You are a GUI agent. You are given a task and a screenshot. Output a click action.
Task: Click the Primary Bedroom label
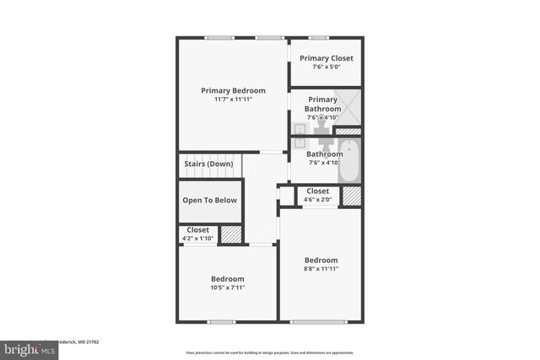click(233, 90)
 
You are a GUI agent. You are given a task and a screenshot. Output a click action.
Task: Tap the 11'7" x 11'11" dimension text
click(233, 99)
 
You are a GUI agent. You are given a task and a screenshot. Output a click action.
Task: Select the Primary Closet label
click(327, 58)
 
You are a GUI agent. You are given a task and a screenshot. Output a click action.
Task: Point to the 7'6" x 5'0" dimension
click(327, 67)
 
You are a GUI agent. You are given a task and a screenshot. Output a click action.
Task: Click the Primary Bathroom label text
click(322, 104)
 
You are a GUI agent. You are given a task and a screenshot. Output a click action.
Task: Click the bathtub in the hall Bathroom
click(349, 162)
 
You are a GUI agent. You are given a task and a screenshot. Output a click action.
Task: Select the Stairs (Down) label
click(208, 164)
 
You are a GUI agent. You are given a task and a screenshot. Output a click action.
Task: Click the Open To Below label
click(210, 201)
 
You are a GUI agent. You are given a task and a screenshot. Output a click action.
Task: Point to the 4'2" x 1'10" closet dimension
click(198, 239)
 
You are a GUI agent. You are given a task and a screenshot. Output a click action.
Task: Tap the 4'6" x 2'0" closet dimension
click(318, 200)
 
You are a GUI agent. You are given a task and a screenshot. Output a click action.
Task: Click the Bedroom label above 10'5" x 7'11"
click(228, 279)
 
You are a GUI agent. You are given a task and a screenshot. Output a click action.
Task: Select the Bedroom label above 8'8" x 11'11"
click(321, 260)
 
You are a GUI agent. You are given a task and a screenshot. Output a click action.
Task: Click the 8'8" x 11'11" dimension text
click(321, 269)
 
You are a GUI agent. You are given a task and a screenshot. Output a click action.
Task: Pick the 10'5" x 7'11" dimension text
click(228, 288)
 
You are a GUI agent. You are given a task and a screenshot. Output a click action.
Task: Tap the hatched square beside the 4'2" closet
click(230, 234)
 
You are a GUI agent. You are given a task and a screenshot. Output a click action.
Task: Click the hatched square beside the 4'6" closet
click(351, 196)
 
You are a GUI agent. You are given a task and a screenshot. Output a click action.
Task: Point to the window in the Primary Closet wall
click(318, 37)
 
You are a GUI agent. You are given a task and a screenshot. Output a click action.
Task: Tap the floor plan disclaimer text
click(269, 352)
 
